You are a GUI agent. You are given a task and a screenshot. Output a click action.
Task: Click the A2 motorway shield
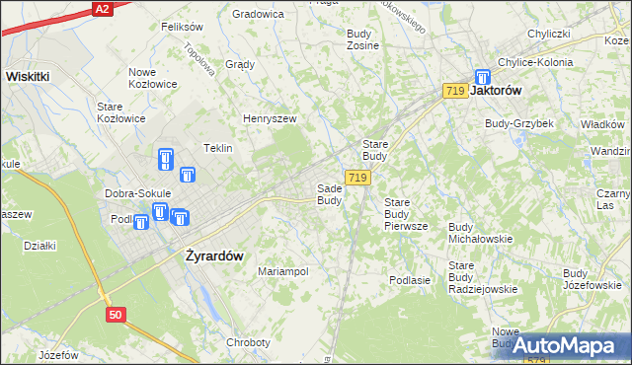[x=101, y=8]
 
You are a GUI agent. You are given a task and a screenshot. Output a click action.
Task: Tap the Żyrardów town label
[x=213, y=255]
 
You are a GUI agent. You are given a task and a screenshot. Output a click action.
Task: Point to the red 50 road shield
[x=117, y=314]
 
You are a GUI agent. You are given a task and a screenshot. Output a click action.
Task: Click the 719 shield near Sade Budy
[x=357, y=178]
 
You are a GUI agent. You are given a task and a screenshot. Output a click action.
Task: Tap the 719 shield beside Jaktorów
[x=455, y=91]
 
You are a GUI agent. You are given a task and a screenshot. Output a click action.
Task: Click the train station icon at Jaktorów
[x=482, y=77]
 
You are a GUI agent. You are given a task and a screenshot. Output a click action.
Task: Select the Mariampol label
[x=282, y=270]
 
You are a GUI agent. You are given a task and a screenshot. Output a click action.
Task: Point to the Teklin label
[x=217, y=148]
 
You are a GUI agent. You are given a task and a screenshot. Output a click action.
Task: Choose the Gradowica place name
[x=258, y=14]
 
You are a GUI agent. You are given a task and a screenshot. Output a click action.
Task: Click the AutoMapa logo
[x=566, y=345]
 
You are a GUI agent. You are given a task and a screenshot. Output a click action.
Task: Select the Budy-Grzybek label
[x=518, y=123]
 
